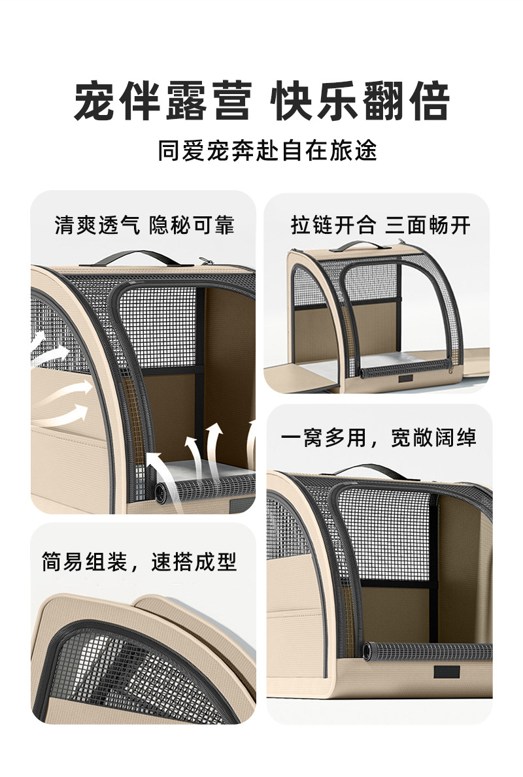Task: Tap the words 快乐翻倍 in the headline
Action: point(362,101)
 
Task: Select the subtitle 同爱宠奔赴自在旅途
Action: point(267,151)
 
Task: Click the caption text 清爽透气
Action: point(97,225)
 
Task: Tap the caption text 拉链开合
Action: point(333,225)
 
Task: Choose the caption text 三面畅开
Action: point(428,225)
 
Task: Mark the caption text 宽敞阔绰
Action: point(433,437)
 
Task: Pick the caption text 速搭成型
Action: point(194,561)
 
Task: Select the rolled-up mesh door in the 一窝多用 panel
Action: point(428,651)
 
